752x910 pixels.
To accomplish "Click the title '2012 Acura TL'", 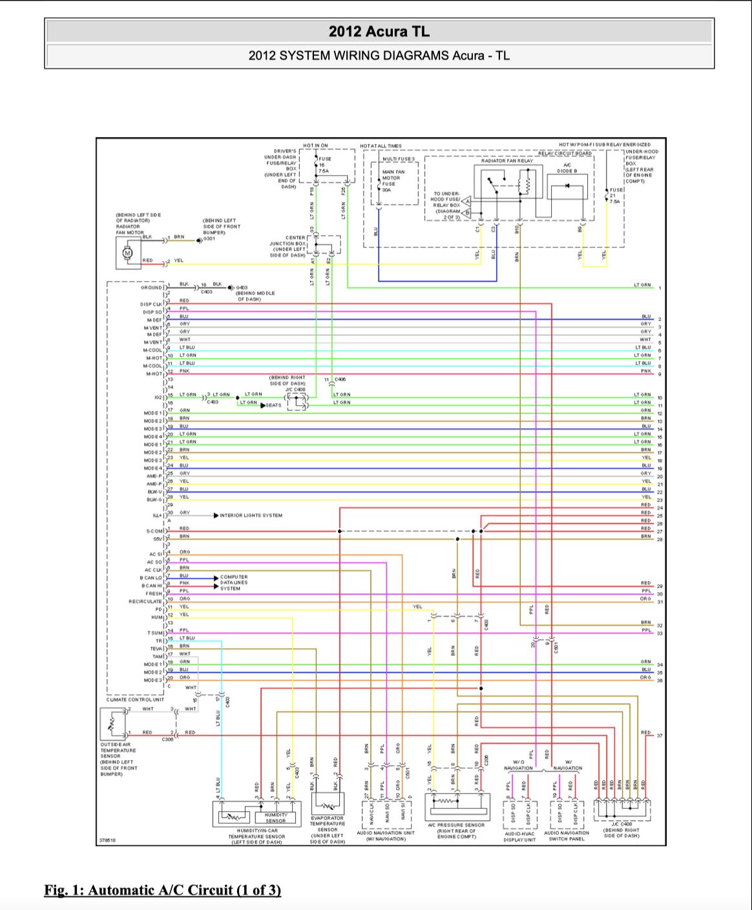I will click(x=379, y=31).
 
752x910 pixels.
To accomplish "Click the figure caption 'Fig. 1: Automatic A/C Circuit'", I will click(x=163, y=890).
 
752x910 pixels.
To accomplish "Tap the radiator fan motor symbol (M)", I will click(x=127, y=252).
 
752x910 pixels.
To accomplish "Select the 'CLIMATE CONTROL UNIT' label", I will click(x=135, y=699).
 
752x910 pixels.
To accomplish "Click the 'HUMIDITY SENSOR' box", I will click(x=275, y=818).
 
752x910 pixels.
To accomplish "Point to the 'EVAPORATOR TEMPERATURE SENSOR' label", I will click(x=328, y=830).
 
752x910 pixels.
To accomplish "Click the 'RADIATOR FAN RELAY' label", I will click(x=507, y=160).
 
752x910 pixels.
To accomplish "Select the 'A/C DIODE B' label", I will click(x=567, y=168).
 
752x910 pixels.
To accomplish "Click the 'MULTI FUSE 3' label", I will click(x=399, y=158).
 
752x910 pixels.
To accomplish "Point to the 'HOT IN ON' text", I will click(x=315, y=146).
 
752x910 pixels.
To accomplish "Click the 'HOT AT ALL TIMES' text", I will click(x=381, y=146).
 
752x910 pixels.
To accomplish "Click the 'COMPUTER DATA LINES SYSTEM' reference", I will click(x=233, y=582).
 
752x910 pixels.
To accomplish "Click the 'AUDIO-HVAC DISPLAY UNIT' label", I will click(x=519, y=836).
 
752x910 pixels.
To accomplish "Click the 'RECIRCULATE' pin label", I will click(x=145, y=601).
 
